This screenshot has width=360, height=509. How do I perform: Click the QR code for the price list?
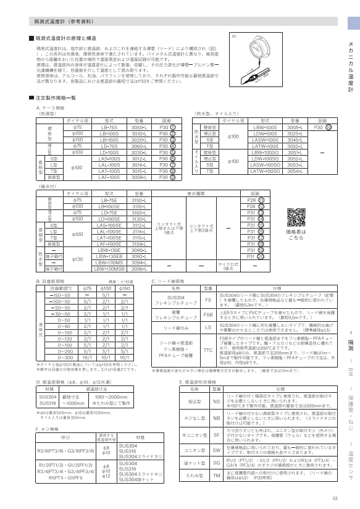[x=296, y=218]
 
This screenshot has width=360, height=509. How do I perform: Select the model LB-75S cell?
[x=109, y=127]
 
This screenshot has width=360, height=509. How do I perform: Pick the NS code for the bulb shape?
[x=216, y=402]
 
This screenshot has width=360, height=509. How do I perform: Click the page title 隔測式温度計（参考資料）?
[x=64, y=21]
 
